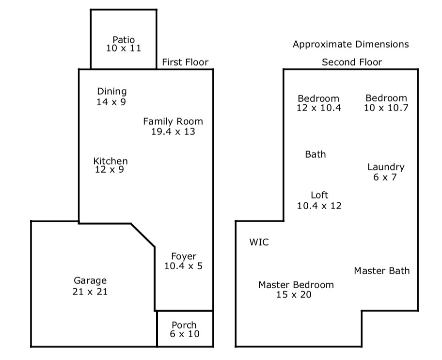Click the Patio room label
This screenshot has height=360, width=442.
click(x=124, y=39)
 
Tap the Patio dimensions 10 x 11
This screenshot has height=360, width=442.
click(x=124, y=48)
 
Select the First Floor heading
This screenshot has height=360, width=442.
click(x=185, y=62)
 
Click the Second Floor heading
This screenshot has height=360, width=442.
click(x=352, y=62)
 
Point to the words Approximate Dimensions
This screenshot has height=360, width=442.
click(x=351, y=44)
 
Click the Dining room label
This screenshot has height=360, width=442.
click(x=112, y=91)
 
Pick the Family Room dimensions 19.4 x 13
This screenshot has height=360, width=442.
click(x=173, y=131)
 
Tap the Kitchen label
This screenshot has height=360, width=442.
click(x=110, y=161)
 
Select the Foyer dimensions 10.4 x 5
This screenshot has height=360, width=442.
click(x=183, y=266)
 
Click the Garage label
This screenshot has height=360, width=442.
click(x=90, y=281)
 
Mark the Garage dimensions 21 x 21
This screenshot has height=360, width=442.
click(x=90, y=292)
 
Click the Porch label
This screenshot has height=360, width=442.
click(x=184, y=325)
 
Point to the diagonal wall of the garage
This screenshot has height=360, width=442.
click(x=142, y=235)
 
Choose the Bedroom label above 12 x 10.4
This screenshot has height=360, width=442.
click(x=318, y=98)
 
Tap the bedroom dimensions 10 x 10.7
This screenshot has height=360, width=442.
click(x=386, y=108)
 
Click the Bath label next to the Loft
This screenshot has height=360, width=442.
click(x=316, y=154)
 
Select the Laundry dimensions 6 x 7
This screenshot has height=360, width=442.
click(x=385, y=177)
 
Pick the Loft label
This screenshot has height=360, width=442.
click(x=320, y=195)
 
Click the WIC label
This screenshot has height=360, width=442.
click(x=259, y=242)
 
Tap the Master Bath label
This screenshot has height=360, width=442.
click(x=382, y=271)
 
